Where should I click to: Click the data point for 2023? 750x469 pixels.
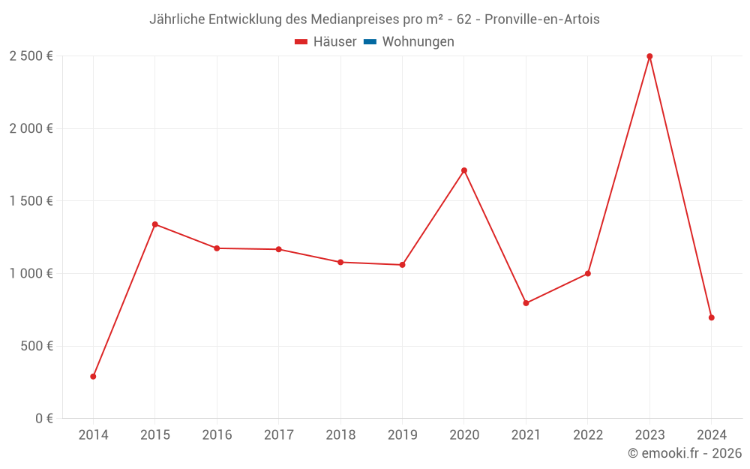(649, 56)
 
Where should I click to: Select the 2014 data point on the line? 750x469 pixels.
(93, 377)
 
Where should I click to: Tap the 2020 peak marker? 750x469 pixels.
(464, 170)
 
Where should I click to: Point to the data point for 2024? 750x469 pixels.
(711, 317)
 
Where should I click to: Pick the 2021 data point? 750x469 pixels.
(526, 303)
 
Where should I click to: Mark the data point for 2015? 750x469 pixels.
(155, 224)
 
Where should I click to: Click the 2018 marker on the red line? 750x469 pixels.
(340, 263)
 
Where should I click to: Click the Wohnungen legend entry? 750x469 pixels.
(418, 42)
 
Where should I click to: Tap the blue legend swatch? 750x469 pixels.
(370, 42)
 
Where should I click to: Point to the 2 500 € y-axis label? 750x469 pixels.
(31, 56)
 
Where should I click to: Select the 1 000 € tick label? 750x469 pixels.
(31, 274)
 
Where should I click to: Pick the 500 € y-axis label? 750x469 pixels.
(36, 346)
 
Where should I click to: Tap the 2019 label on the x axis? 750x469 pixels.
(402, 435)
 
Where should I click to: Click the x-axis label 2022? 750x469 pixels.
(587, 435)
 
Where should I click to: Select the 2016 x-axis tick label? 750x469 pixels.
(217, 435)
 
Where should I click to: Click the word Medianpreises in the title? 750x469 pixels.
(355, 20)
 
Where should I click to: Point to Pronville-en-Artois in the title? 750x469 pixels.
(542, 20)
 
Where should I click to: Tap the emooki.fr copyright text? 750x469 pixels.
(685, 453)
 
